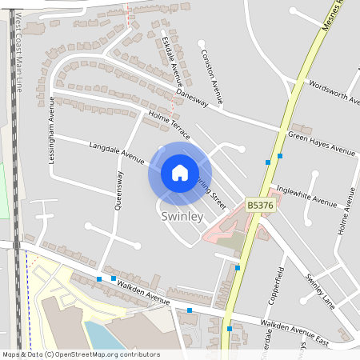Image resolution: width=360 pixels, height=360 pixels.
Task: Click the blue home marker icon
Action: pyautogui.click(x=179, y=173)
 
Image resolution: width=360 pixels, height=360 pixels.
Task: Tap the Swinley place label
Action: pyautogui.click(x=181, y=217)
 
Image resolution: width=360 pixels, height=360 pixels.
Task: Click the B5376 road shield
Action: pyautogui.click(x=261, y=206)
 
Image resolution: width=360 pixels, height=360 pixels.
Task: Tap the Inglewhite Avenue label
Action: pyautogui.click(x=306, y=195)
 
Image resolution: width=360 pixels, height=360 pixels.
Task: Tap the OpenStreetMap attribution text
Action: pyautogui.click(x=80, y=354)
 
